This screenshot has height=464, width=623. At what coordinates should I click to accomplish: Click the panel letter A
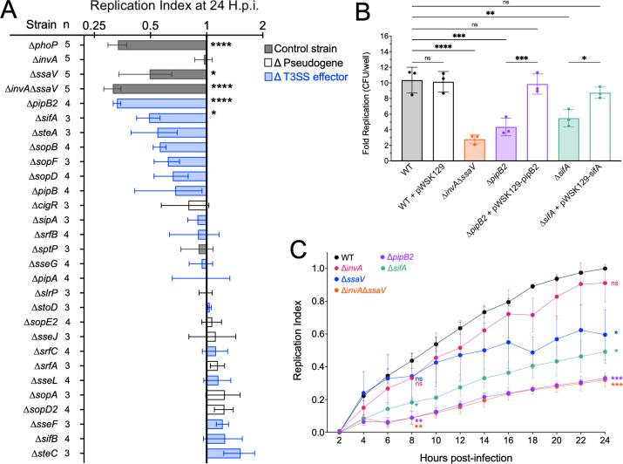click(9, 9)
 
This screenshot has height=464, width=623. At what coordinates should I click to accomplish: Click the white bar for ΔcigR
click(197, 205)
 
